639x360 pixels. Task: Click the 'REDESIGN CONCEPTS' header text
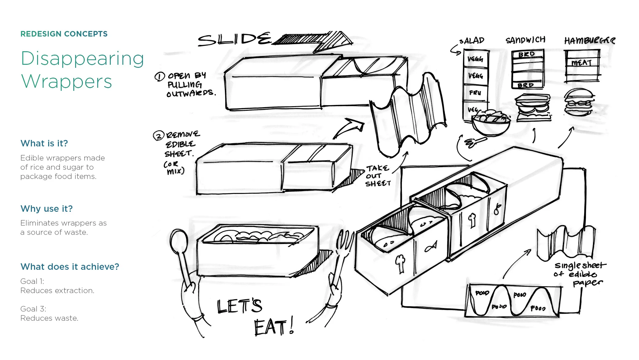(x=64, y=34)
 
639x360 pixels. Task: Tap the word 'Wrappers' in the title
(x=67, y=82)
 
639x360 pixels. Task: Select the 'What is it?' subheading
(x=44, y=143)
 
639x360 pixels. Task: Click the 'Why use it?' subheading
(x=47, y=209)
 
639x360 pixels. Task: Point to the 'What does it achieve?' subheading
(x=70, y=267)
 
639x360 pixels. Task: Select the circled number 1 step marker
(x=160, y=76)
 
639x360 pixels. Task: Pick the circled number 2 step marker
(x=159, y=136)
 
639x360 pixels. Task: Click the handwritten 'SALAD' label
(x=472, y=41)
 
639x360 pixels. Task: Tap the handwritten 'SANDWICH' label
(x=525, y=40)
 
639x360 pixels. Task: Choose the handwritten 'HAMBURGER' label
(x=589, y=41)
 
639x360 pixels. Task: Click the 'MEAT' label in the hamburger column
(x=582, y=63)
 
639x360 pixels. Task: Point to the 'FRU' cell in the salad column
(x=475, y=92)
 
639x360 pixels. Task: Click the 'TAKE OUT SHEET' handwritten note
(x=378, y=176)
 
